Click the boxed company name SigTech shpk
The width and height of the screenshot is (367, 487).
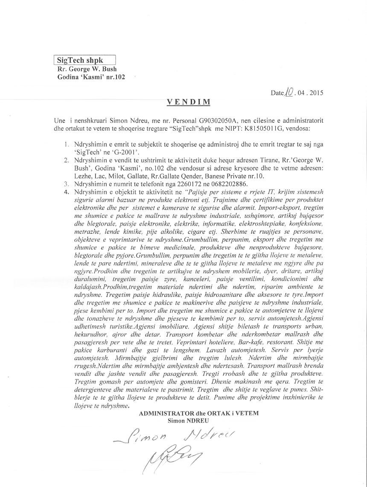(84, 60)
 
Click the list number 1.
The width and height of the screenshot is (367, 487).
(66, 144)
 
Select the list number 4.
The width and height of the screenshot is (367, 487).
(66, 192)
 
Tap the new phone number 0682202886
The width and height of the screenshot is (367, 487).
(225, 184)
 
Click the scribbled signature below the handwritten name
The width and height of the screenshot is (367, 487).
(175, 459)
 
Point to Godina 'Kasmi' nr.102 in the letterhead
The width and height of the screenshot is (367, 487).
(91, 77)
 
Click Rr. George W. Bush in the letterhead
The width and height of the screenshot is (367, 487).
(87, 69)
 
